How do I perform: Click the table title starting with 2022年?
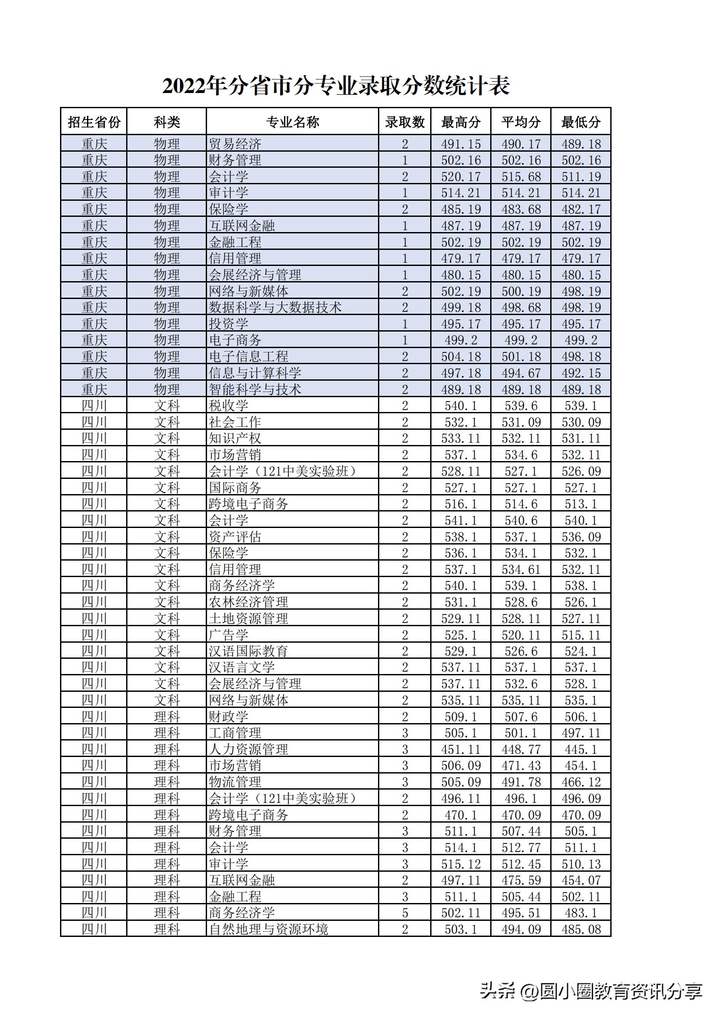336,86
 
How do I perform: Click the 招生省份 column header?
94,122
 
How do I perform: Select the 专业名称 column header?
292,122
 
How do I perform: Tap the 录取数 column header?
405,122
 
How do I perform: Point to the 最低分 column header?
581,122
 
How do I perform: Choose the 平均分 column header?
521,122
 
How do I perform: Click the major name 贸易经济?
235,144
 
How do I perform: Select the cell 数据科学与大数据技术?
275,307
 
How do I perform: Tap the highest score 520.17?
461,176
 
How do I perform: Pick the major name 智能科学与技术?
255,389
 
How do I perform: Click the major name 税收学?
229,405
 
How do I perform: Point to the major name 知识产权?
235,438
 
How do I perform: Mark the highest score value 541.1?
461,520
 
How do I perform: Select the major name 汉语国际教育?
248,651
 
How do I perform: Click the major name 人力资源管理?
248,749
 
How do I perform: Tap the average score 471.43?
521,766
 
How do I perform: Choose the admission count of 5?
405,913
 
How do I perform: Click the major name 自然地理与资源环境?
268,929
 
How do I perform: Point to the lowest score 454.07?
581,880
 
